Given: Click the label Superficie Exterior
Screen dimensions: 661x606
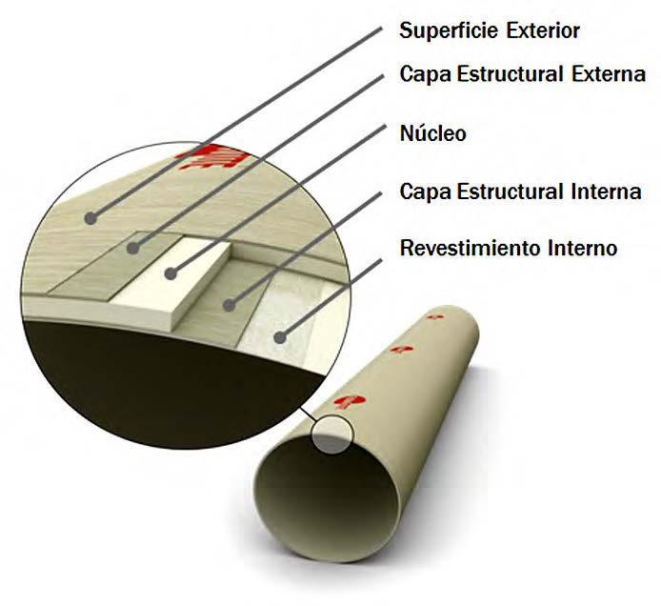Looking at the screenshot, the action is pyautogui.click(x=489, y=30).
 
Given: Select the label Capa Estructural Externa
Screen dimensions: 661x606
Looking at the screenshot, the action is pyautogui.click(x=522, y=74).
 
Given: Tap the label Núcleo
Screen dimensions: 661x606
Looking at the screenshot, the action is pyautogui.click(x=432, y=133).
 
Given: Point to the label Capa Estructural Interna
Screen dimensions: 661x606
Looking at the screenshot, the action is pyautogui.click(x=520, y=192).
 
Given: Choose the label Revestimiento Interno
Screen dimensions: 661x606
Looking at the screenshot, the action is pyautogui.click(x=509, y=250).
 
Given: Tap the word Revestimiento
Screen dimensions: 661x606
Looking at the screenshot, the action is pyautogui.click(x=463, y=250).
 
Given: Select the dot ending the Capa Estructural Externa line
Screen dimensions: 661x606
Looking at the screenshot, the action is pyautogui.click(x=132, y=249).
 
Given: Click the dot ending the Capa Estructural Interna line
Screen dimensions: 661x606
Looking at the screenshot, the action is pyautogui.click(x=229, y=305).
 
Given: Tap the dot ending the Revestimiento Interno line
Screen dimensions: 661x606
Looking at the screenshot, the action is pyautogui.click(x=280, y=334).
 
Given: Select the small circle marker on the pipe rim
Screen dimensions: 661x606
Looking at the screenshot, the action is pyautogui.click(x=331, y=434).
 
